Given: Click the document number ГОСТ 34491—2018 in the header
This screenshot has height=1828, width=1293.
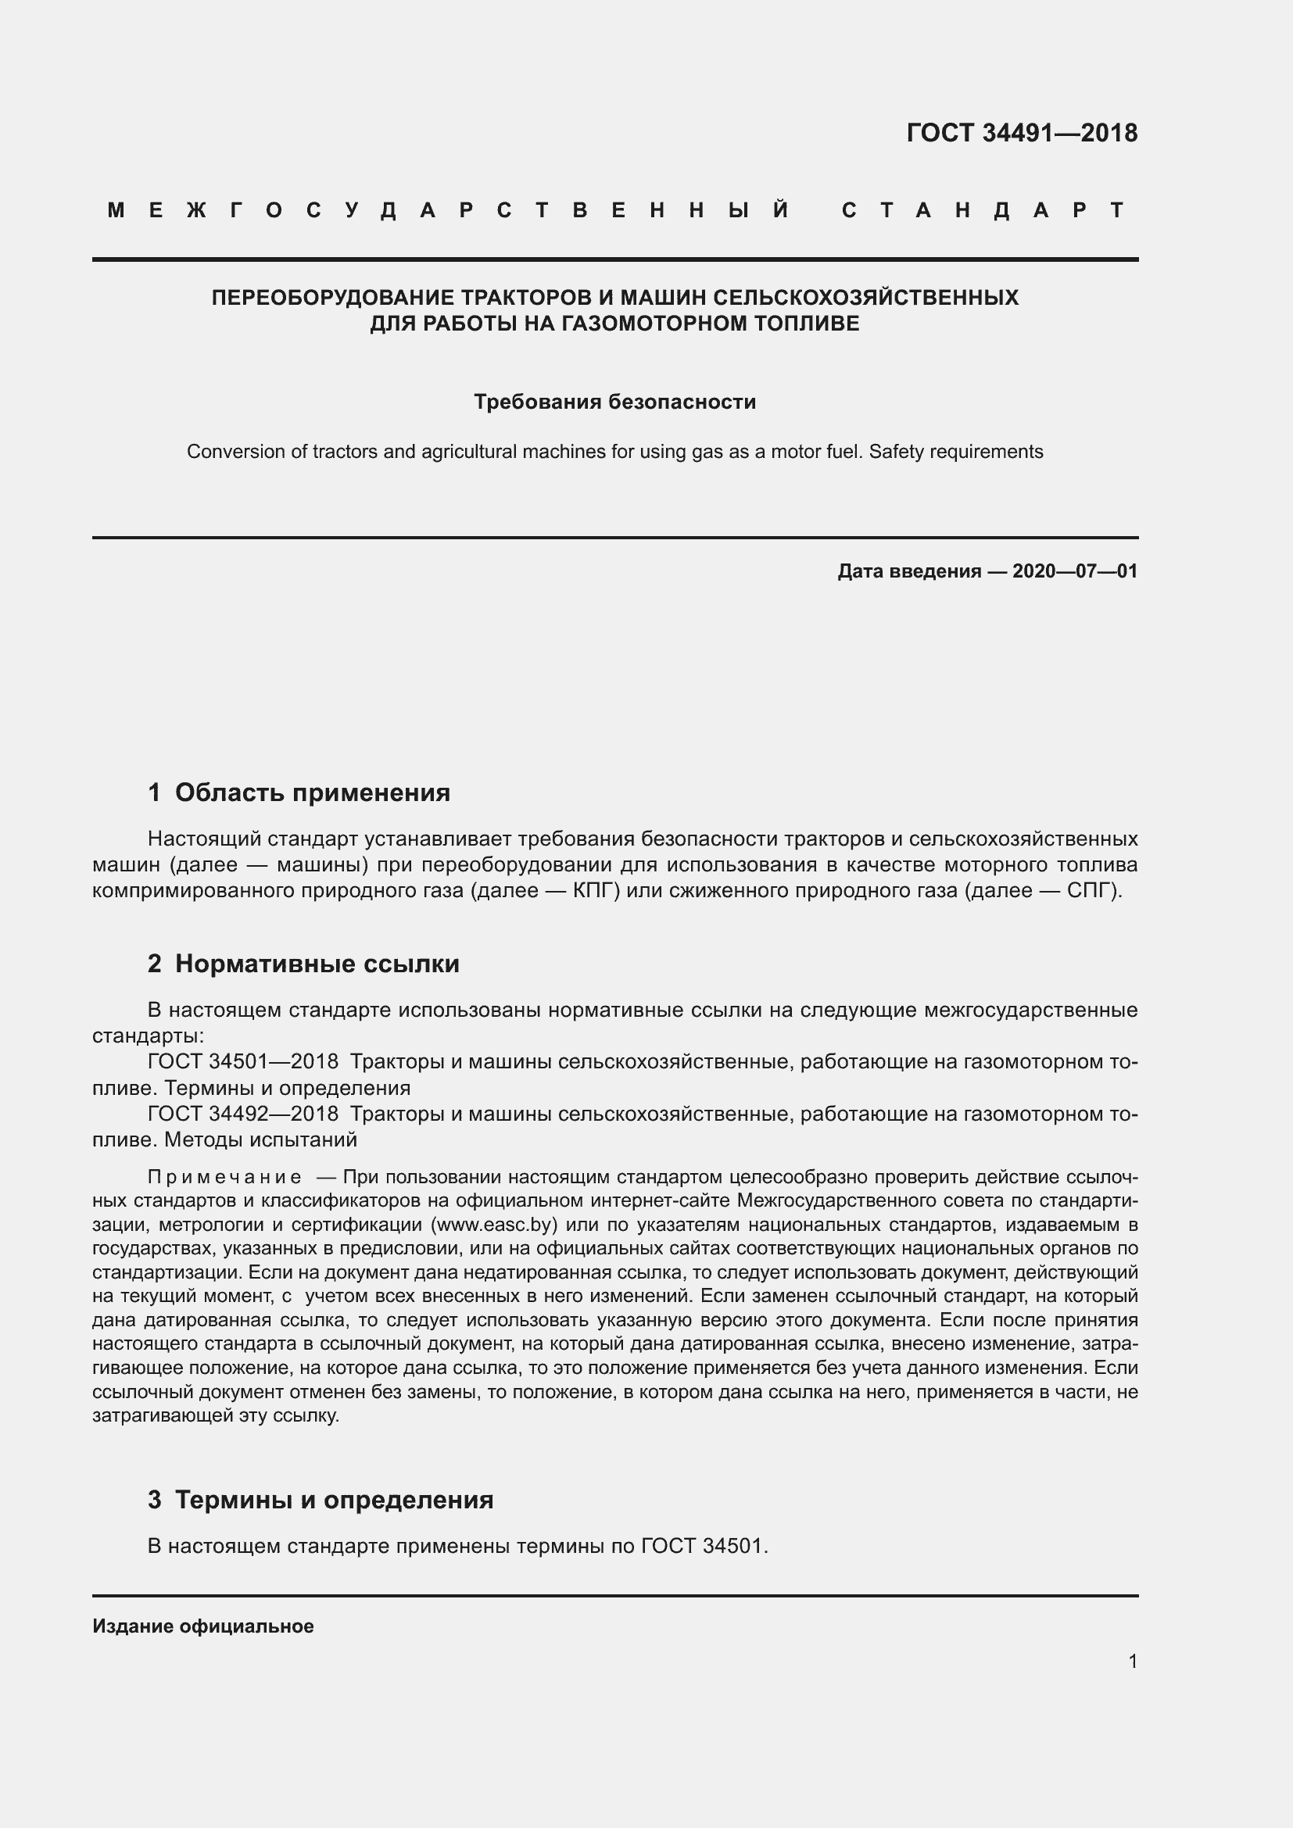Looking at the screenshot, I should click(1022, 133).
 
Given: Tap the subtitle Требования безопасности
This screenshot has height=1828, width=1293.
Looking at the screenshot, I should click(614, 402).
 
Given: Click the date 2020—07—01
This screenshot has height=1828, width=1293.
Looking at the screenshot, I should click(1075, 571).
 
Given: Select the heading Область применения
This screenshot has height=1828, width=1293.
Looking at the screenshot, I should click(312, 793).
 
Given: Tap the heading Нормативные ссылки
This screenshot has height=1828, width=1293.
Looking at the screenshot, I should click(317, 964).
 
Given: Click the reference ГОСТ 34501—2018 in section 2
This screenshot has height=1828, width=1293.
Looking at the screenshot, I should click(243, 1062).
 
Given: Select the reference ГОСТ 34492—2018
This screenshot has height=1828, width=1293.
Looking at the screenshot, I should click(243, 1114).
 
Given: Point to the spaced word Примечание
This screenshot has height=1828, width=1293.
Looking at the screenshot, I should click(224, 1178).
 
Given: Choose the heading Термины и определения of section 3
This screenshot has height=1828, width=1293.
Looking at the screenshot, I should click(334, 1500).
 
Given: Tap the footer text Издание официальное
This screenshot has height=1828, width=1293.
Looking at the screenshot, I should click(203, 1626).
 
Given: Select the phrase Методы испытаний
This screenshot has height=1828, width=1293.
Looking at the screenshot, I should click(260, 1139).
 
